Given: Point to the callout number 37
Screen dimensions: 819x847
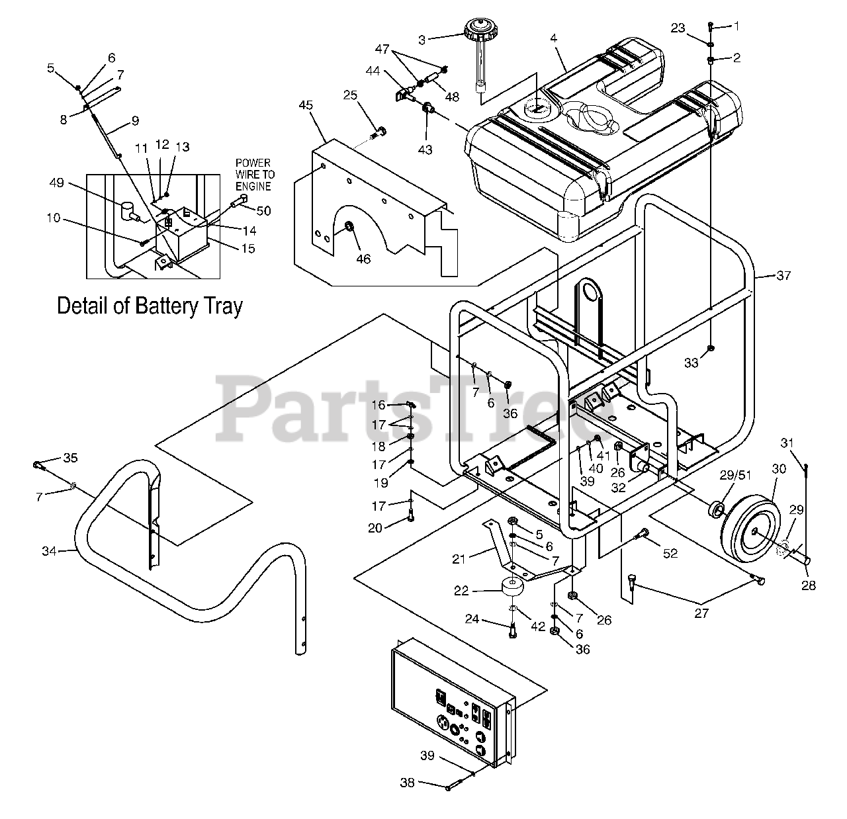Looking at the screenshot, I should (783, 275).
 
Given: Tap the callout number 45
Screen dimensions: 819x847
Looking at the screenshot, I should (305, 105).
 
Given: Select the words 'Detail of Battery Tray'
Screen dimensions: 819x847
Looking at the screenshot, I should (150, 306).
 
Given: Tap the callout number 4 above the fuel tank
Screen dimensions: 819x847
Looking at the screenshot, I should (554, 39).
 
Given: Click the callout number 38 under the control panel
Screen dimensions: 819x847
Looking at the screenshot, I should (407, 783).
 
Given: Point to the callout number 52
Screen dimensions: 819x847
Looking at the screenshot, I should (670, 553).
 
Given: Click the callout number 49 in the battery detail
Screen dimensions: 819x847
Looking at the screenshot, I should (57, 183).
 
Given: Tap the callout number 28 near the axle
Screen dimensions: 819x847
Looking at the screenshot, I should (808, 585).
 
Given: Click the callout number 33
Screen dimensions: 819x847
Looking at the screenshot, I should (691, 363).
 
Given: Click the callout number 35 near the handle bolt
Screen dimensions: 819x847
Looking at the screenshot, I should (70, 457).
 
